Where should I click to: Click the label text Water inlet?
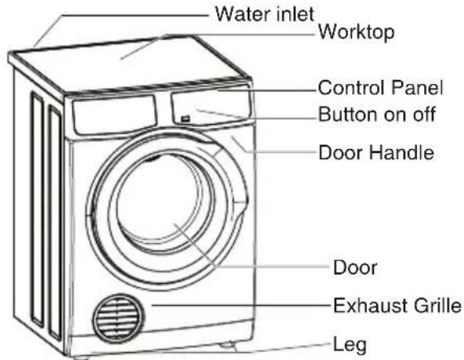[265, 14]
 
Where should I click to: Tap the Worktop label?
[356, 32]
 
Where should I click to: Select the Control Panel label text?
[381, 88]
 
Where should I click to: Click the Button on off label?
[377, 114]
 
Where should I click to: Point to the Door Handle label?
[376, 152]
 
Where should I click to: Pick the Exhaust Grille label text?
[397, 305]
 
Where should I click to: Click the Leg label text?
[350, 345]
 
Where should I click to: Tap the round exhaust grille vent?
[119, 318]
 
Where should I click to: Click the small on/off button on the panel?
[185, 119]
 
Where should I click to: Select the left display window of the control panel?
[114, 115]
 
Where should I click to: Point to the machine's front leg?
[228, 346]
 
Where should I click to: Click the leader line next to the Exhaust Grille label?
[241, 305]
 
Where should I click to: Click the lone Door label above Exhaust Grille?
[355, 267]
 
